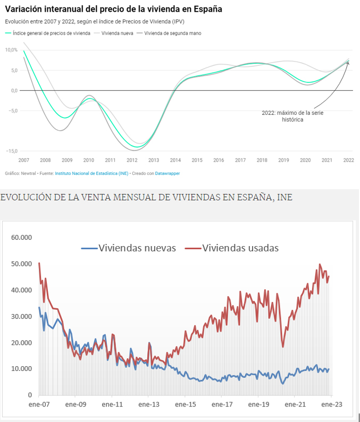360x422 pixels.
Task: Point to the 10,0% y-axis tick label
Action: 12,50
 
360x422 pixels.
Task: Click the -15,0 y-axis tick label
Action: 12,151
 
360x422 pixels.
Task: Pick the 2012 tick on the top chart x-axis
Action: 132,160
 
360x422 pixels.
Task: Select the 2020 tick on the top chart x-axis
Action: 305,160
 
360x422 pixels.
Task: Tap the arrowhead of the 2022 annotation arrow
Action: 348,62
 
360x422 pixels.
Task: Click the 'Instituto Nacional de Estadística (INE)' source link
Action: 91,173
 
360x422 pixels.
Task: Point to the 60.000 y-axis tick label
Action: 21,237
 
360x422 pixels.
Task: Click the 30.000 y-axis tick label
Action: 21,316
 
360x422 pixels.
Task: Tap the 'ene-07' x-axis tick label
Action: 39,404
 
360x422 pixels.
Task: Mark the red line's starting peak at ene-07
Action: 39,263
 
